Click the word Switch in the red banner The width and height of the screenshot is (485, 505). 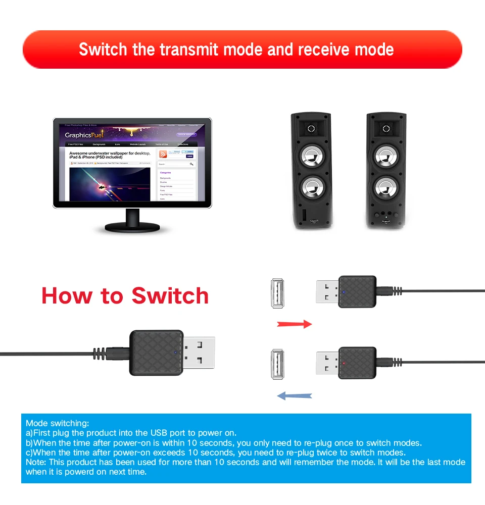tap(103, 49)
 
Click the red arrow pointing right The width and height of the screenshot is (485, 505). tap(295, 324)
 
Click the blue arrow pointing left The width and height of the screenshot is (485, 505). tap(295, 396)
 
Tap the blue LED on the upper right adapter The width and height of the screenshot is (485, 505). tap(344, 291)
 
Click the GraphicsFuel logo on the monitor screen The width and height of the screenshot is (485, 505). tap(84, 135)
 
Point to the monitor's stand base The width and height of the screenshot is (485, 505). tap(132, 228)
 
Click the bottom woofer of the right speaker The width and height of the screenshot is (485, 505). tap(385, 188)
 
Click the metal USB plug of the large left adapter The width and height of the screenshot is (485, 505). tap(199, 353)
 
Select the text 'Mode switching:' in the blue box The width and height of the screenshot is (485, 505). tap(57, 423)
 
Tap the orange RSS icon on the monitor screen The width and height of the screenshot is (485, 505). tap(163, 155)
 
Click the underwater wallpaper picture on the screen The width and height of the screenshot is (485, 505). tap(109, 185)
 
